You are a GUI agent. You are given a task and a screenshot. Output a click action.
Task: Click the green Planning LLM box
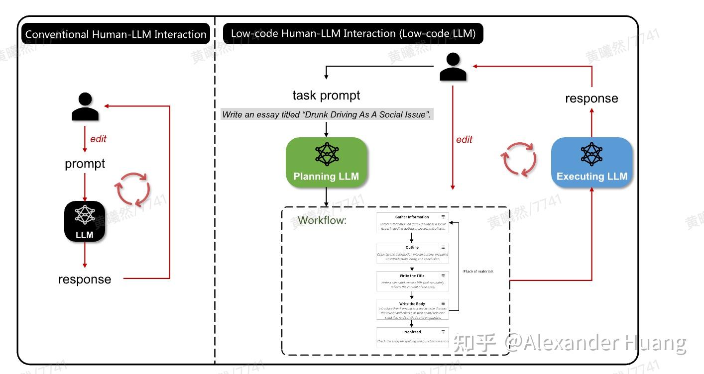click(x=326, y=162)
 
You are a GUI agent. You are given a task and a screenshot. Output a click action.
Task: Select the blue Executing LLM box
click(x=591, y=162)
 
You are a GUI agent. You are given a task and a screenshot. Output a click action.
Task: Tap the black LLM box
click(x=85, y=221)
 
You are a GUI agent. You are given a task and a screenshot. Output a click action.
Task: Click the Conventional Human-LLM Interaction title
click(x=116, y=34)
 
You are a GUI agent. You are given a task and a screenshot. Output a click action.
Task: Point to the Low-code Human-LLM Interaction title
click(x=353, y=33)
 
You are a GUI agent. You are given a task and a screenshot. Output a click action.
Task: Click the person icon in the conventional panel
click(x=85, y=107)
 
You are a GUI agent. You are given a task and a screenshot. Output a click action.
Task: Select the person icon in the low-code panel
click(x=453, y=67)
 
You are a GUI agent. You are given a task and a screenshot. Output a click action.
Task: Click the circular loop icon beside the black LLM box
click(x=133, y=189)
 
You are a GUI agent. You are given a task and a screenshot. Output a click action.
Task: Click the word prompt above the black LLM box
click(x=85, y=164)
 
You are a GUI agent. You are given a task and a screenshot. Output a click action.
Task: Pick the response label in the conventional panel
click(x=85, y=279)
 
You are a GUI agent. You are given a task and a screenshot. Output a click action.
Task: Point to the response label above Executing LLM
click(x=591, y=98)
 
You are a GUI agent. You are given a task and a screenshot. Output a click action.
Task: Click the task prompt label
click(x=326, y=95)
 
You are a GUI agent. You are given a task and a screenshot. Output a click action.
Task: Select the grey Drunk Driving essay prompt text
click(x=327, y=114)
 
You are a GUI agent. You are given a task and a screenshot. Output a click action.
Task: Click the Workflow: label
click(x=322, y=220)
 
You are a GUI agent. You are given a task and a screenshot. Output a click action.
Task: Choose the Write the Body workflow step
click(x=412, y=310)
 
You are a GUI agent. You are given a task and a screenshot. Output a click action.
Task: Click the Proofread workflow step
click(x=412, y=336)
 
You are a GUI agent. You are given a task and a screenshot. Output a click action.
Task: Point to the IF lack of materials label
click(x=478, y=271)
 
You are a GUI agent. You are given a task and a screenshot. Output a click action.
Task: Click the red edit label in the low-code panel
click(x=464, y=140)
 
